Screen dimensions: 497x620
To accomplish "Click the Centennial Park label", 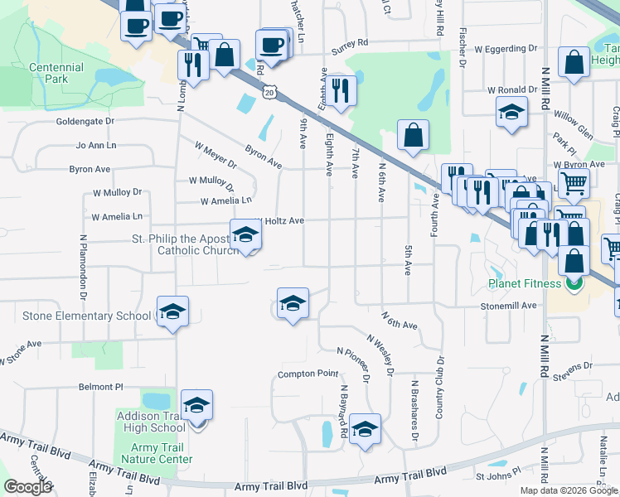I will click(x=56, y=73).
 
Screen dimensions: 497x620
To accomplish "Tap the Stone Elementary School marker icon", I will click(x=172, y=312).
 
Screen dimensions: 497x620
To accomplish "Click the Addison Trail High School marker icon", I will click(x=197, y=406).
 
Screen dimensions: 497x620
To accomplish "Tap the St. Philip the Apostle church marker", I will click(x=245, y=235).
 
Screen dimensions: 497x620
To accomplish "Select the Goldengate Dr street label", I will click(x=85, y=121).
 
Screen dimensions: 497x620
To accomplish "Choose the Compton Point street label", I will click(x=308, y=374).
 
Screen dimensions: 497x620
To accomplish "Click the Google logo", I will click(x=27, y=487).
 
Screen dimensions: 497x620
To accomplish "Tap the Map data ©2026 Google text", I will click(x=569, y=490).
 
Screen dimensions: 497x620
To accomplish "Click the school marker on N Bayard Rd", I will click(x=364, y=430).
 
